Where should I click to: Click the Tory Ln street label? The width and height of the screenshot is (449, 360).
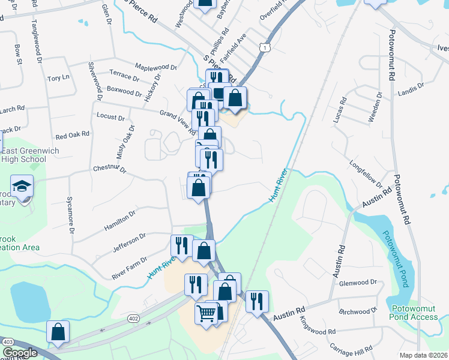[x=59, y=78]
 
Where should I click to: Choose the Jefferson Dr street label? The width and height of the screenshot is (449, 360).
[x=126, y=244]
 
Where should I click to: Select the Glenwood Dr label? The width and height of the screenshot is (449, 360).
[x=358, y=282]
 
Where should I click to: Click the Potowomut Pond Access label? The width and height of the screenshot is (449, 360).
[x=414, y=313]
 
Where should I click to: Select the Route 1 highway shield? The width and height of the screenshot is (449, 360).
[x=264, y=47]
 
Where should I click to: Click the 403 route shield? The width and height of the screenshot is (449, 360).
[x=8, y=341]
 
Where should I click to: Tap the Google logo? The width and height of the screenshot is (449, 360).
[x=19, y=353]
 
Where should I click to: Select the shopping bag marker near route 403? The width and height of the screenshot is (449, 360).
[x=58, y=332]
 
